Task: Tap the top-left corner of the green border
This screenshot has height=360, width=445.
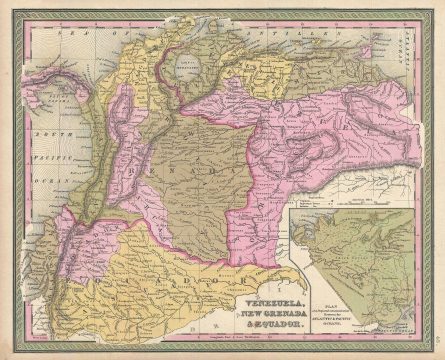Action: pos(9,9)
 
